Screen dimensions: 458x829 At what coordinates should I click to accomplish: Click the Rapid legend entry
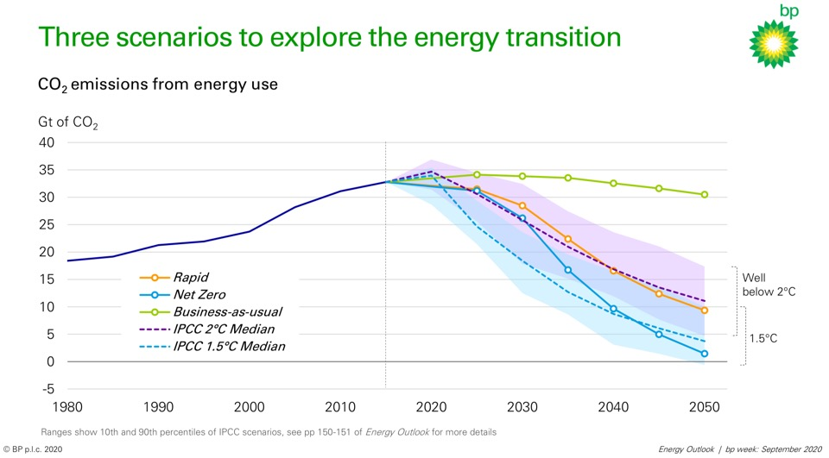pos(193,278)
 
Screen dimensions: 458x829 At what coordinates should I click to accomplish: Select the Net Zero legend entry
pos(199,295)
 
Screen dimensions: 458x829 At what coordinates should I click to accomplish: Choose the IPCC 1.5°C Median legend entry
pos(229,347)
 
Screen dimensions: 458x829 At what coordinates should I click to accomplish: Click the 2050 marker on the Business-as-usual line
pos(704,195)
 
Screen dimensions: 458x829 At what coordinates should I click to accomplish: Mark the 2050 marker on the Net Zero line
pos(704,354)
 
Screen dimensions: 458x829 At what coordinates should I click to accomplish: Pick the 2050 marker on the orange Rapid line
pos(704,311)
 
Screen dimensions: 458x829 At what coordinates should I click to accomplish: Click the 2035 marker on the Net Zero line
pos(567,270)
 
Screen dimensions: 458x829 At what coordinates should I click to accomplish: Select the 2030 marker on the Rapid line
pos(522,206)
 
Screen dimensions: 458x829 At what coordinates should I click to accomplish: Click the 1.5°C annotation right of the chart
pos(764,338)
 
